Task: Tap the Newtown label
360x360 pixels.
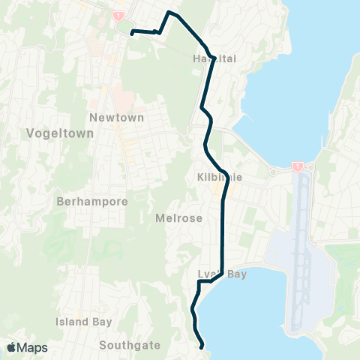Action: tap(111, 118)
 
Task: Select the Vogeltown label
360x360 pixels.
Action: tap(59, 133)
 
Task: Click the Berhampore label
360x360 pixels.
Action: tap(92, 202)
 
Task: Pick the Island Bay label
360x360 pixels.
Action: tap(84, 322)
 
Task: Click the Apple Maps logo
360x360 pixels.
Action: tap(26, 347)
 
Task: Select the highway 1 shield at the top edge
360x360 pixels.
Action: tap(118, 14)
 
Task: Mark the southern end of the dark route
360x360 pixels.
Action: tap(202, 346)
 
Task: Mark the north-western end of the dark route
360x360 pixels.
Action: tap(132, 33)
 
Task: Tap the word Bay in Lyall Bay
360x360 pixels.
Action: tap(236, 274)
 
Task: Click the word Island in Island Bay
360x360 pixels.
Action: tap(73, 322)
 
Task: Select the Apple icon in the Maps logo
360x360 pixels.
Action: tap(12, 347)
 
